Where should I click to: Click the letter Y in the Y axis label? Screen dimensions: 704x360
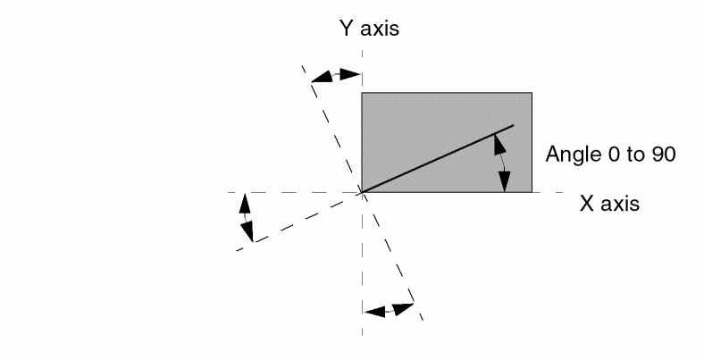coord(347,28)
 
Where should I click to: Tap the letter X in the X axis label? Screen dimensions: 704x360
coord(587,204)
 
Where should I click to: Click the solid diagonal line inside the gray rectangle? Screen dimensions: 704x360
coord(437,159)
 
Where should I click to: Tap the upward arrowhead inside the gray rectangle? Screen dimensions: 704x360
coord(499,145)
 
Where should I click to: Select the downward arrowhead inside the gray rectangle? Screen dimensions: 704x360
coord(505,182)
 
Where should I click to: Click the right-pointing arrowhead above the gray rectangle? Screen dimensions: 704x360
coord(350,74)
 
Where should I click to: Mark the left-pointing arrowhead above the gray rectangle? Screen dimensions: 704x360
coord(322,77)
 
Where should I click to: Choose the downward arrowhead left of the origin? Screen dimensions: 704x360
coord(247,231)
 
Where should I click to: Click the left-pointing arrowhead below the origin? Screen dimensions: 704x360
coord(374,312)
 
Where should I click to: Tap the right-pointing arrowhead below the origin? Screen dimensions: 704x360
coord(403,309)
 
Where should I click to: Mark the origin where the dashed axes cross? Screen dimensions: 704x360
coord(362,193)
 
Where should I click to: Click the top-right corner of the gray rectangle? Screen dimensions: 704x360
coord(532,93)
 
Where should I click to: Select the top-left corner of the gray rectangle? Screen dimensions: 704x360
coord(362,93)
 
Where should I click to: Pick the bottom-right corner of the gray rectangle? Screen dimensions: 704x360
coord(532,192)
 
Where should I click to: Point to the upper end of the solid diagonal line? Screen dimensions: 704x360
coord(513,125)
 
